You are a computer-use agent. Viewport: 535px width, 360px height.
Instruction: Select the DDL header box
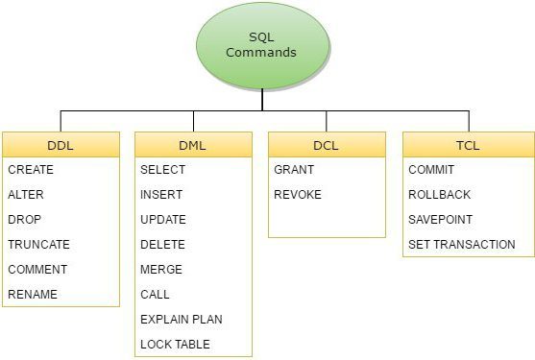coord(61,145)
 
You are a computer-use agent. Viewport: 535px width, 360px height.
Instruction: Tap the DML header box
coord(193,145)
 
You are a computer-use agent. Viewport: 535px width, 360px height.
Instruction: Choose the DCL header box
coord(326,145)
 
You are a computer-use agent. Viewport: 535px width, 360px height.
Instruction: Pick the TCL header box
coord(468,145)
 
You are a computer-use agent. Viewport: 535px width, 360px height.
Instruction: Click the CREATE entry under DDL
coord(31,170)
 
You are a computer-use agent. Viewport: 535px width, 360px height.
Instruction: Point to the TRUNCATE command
coord(38,245)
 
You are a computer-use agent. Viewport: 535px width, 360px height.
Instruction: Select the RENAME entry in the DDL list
coord(33,295)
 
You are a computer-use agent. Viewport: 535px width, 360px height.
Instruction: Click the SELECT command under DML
coord(162,170)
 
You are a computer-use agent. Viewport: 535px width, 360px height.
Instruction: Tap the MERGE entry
coord(160,270)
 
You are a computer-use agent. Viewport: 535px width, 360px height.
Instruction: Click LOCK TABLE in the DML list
coord(175,344)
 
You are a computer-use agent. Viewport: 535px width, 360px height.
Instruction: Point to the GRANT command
coord(294,170)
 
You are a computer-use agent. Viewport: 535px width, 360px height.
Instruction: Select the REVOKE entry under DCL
coord(298,195)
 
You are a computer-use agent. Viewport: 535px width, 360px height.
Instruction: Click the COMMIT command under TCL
coord(431,170)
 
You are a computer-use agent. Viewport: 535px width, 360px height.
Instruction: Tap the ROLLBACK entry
coord(440,195)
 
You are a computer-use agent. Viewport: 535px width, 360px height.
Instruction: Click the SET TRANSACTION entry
coord(462,245)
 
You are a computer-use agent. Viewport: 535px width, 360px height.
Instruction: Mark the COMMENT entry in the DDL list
coord(37,270)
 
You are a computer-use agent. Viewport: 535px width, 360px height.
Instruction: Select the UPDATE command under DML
coord(163,220)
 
